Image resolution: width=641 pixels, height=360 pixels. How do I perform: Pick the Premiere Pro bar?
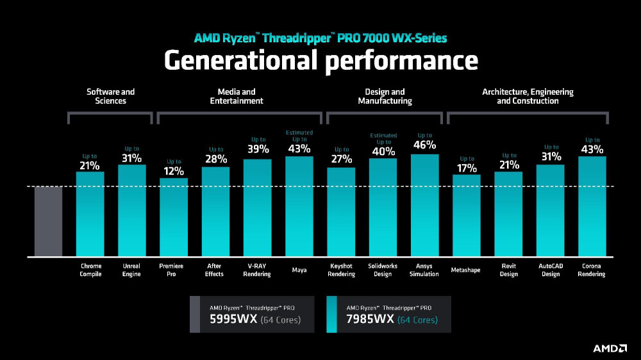(x=174, y=217)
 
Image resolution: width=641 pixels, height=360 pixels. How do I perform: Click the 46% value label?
(x=424, y=145)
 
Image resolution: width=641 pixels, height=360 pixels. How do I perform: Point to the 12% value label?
(x=174, y=171)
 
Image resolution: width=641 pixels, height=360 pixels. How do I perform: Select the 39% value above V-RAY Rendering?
(x=258, y=149)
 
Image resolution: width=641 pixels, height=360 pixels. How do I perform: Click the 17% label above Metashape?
(x=467, y=168)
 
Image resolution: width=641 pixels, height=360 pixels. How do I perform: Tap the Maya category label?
(x=299, y=270)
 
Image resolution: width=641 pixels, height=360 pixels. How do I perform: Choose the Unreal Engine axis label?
(x=131, y=270)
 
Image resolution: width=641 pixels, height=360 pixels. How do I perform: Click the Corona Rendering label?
(x=592, y=270)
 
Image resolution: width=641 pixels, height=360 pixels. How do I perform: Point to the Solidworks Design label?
(x=383, y=270)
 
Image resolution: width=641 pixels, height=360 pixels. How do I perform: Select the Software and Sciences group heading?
(x=111, y=96)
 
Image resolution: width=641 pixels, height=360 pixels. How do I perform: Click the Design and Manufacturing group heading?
(x=385, y=96)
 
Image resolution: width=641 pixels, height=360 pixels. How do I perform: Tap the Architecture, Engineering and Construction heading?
(x=528, y=96)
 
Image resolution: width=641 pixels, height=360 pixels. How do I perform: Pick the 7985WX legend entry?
(x=388, y=314)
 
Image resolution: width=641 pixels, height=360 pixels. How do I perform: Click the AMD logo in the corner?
(x=610, y=348)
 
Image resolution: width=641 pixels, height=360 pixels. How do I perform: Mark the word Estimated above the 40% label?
(x=383, y=135)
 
